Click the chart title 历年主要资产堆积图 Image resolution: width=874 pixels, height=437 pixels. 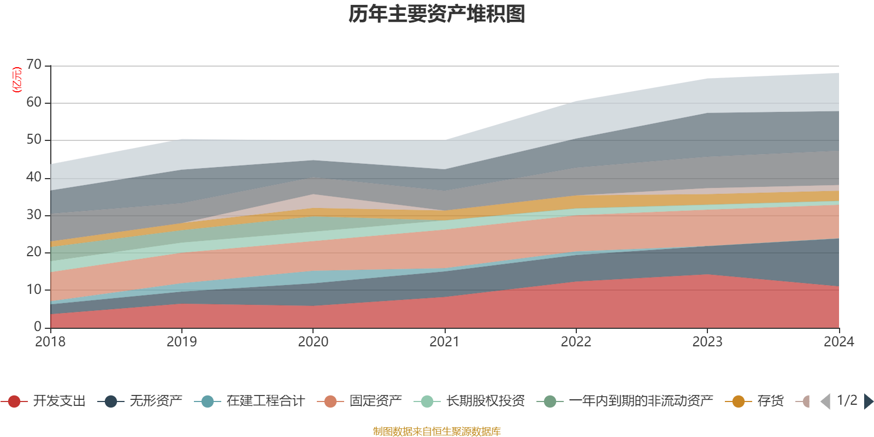pos(437,14)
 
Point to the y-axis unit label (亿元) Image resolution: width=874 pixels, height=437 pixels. pos(17,80)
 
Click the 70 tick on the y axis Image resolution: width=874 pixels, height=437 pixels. pos(34,65)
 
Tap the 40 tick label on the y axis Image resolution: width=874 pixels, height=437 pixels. pos(34,178)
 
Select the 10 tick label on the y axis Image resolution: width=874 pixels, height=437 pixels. pos(34,290)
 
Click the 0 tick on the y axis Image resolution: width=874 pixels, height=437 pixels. pos(38,327)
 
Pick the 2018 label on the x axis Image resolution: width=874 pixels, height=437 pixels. pos(50,342)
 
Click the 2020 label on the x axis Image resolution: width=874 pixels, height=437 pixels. pos(313,342)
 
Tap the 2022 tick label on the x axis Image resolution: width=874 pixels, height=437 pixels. pos(576,342)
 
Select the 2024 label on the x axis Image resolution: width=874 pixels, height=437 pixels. pos(838,342)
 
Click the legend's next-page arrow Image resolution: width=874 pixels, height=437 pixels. pos(868,401)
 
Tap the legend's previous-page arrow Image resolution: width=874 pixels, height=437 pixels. pos(825,401)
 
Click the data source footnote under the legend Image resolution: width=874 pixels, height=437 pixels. pos(437,432)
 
